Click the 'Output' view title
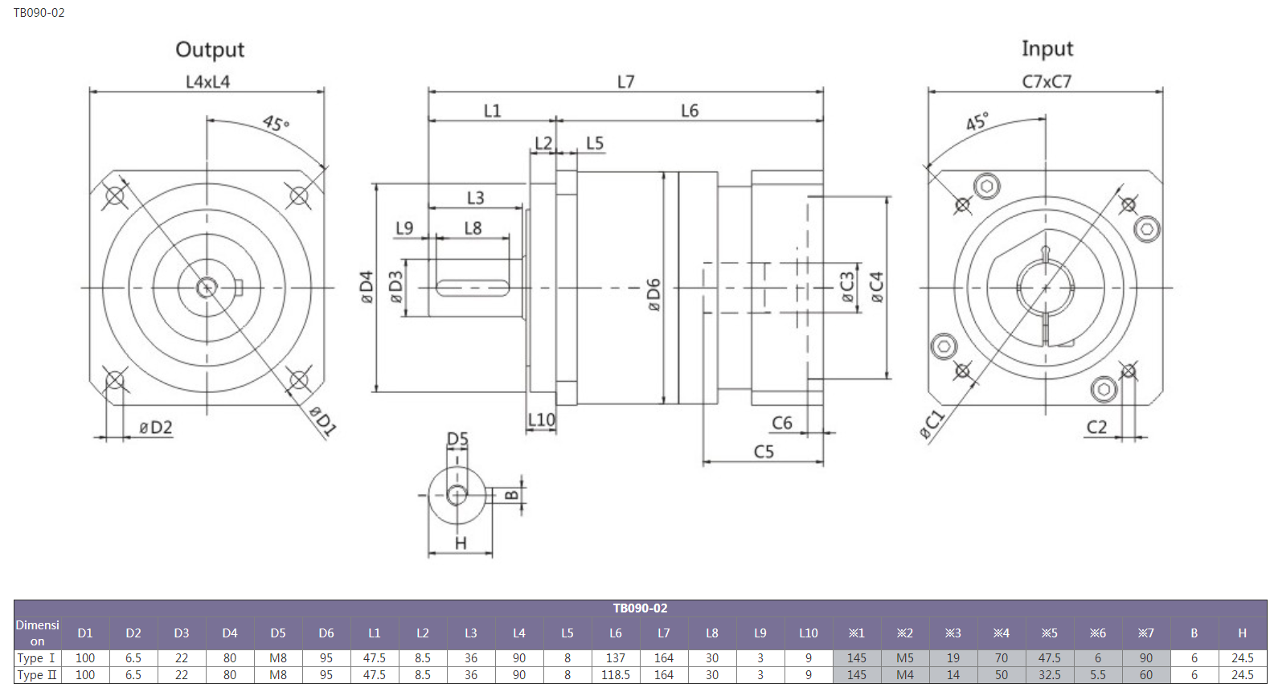click(210, 50)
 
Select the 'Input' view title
click(1047, 49)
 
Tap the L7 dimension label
click(625, 82)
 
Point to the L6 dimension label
click(690, 110)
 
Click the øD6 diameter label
click(653, 295)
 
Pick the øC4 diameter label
click(876, 287)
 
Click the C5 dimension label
click(763, 452)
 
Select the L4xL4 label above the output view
click(208, 82)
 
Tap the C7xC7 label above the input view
click(1047, 82)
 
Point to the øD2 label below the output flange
click(156, 428)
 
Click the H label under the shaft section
click(461, 543)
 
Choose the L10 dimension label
click(542, 420)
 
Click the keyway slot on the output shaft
click(473, 288)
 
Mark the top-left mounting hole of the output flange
click(115, 196)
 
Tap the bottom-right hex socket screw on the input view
click(1104, 389)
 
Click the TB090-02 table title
click(640, 608)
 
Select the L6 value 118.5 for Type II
click(615, 675)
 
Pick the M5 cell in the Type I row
click(905, 658)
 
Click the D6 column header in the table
click(326, 633)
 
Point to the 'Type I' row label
click(36, 658)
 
